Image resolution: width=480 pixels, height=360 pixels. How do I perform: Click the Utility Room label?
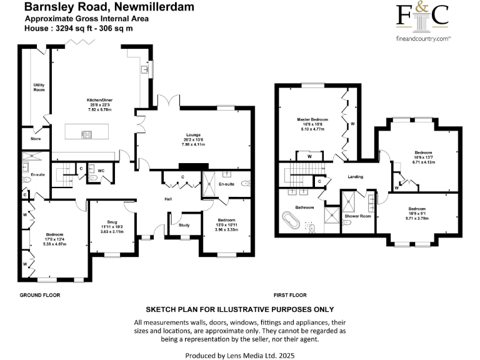(x=39, y=87)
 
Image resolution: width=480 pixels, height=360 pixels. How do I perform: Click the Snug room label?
(x=112, y=222)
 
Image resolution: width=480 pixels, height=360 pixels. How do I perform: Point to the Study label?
(x=184, y=225)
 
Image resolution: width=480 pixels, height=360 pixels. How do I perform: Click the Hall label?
(x=168, y=199)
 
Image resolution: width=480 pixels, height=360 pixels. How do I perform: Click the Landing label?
(x=355, y=177)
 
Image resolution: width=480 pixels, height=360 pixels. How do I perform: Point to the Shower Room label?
(x=357, y=216)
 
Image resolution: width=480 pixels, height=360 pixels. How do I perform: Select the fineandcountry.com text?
(x=423, y=39)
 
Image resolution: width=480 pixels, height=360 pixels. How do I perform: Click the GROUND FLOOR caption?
(x=39, y=294)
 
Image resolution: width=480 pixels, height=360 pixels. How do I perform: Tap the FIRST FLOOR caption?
(x=291, y=294)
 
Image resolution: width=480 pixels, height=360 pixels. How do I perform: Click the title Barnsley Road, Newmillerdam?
(x=109, y=7)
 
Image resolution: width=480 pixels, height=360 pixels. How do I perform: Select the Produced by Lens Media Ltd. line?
(x=240, y=355)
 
